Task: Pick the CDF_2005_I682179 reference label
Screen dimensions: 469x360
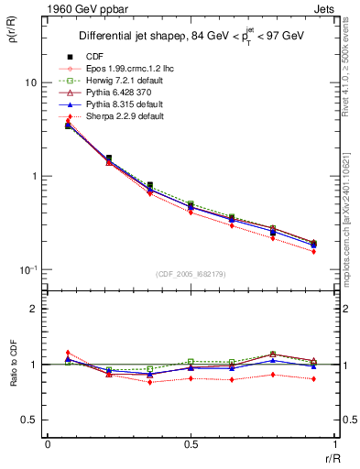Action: coord(191,274)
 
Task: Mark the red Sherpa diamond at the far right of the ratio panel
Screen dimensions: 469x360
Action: coord(314,378)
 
